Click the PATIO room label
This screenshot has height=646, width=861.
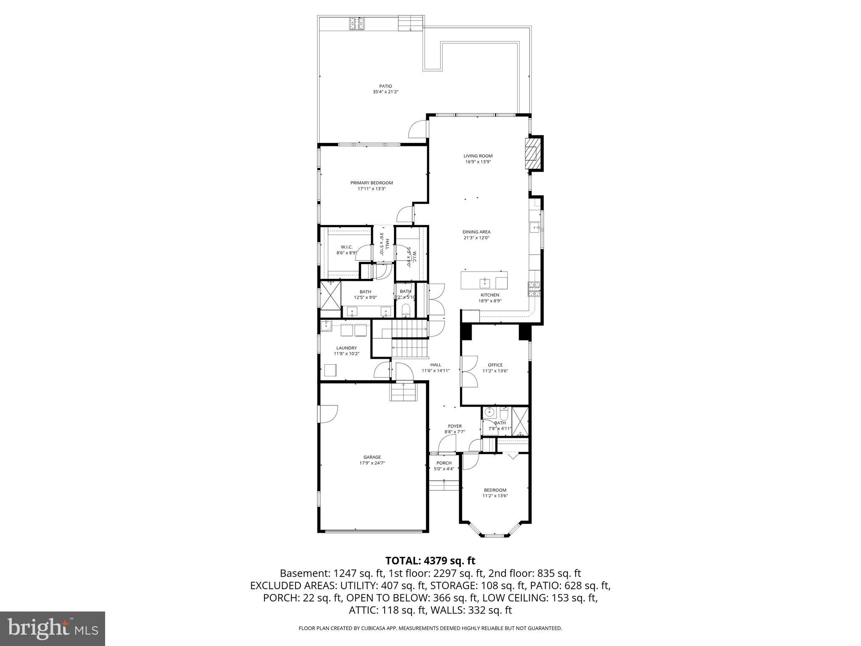pos(385,86)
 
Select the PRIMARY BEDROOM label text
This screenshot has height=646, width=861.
pos(372,183)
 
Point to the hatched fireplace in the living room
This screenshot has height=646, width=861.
pos(532,154)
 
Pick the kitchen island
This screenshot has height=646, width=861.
pos(484,280)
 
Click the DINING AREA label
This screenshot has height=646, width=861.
pos(476,232)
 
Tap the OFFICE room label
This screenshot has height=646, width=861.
pos(495,365)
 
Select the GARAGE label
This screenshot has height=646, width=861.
pos(372,457)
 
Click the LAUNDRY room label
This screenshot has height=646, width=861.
pos(346,348)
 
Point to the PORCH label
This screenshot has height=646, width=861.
pos(444,463)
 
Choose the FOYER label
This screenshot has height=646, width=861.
pos(454,426)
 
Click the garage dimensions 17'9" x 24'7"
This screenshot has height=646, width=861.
pos(372,463)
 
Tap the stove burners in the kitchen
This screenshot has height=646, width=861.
pos(534,289)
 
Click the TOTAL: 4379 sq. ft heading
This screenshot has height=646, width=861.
pos(430,561)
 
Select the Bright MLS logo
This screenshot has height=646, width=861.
pos(53,629)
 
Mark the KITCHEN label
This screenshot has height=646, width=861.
pos(490,295)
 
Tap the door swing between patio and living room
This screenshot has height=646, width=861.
pos(418,129)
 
